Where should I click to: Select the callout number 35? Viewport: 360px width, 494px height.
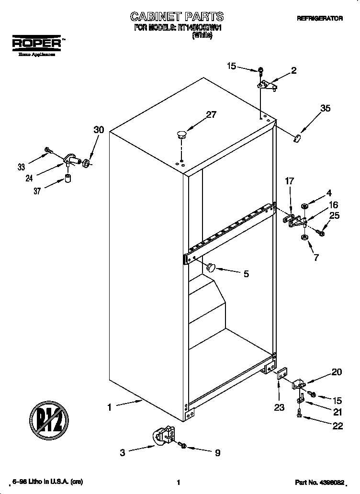tap(325, 109)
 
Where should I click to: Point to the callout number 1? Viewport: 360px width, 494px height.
tap(110, 408)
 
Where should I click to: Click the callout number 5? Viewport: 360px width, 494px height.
tap(246, 274)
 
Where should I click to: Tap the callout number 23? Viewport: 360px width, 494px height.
tap(279, 407)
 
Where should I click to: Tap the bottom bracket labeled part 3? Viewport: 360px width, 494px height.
tap(164, 435)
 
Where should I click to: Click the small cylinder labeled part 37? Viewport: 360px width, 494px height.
tap(68, 179)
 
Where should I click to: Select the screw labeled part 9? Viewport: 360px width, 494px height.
tap(182, 446)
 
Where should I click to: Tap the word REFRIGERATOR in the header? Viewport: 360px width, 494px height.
tap(320, 19)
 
